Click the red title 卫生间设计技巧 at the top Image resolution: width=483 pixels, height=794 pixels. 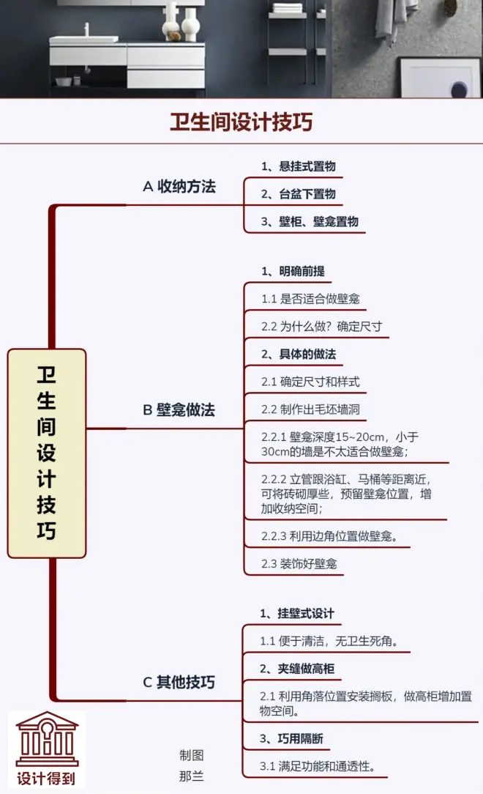[x=241, y=121]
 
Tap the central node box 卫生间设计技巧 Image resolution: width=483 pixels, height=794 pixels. [x=47, y=453]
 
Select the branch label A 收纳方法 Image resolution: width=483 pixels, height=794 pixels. [x=179, y=186]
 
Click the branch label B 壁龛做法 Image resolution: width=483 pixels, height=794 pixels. [x=179, y=409]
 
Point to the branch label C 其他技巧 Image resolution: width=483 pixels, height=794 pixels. [x=179, y=683]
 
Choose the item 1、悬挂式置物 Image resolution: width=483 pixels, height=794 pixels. [x=299, y=166]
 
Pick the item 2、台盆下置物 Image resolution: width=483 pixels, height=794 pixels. [x=299, y=194]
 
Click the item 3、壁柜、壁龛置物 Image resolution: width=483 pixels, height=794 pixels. [x=310, y=221]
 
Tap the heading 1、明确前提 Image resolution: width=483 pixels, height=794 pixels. [x=293, y=271]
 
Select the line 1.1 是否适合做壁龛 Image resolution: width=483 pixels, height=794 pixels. [x=310, y=299]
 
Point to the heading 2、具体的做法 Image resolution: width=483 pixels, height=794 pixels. [x=299, y=354]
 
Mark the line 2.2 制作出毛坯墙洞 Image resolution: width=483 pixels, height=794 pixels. [x=310, y=409]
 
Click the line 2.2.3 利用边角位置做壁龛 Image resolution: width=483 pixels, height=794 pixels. [x=329, y=535]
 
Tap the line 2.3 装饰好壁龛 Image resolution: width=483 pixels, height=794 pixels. [x=299, y=563]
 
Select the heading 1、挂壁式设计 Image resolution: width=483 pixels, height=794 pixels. [x=296, y=612]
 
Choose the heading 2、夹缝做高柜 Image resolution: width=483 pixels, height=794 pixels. [x=296, y=668]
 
